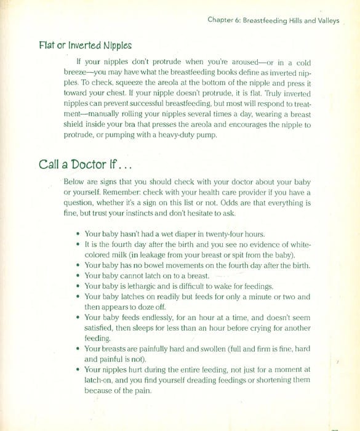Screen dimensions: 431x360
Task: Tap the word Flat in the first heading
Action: [47, 46]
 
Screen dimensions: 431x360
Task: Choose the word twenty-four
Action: [213, 234]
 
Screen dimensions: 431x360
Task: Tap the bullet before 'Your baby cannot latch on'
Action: [77, 276]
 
